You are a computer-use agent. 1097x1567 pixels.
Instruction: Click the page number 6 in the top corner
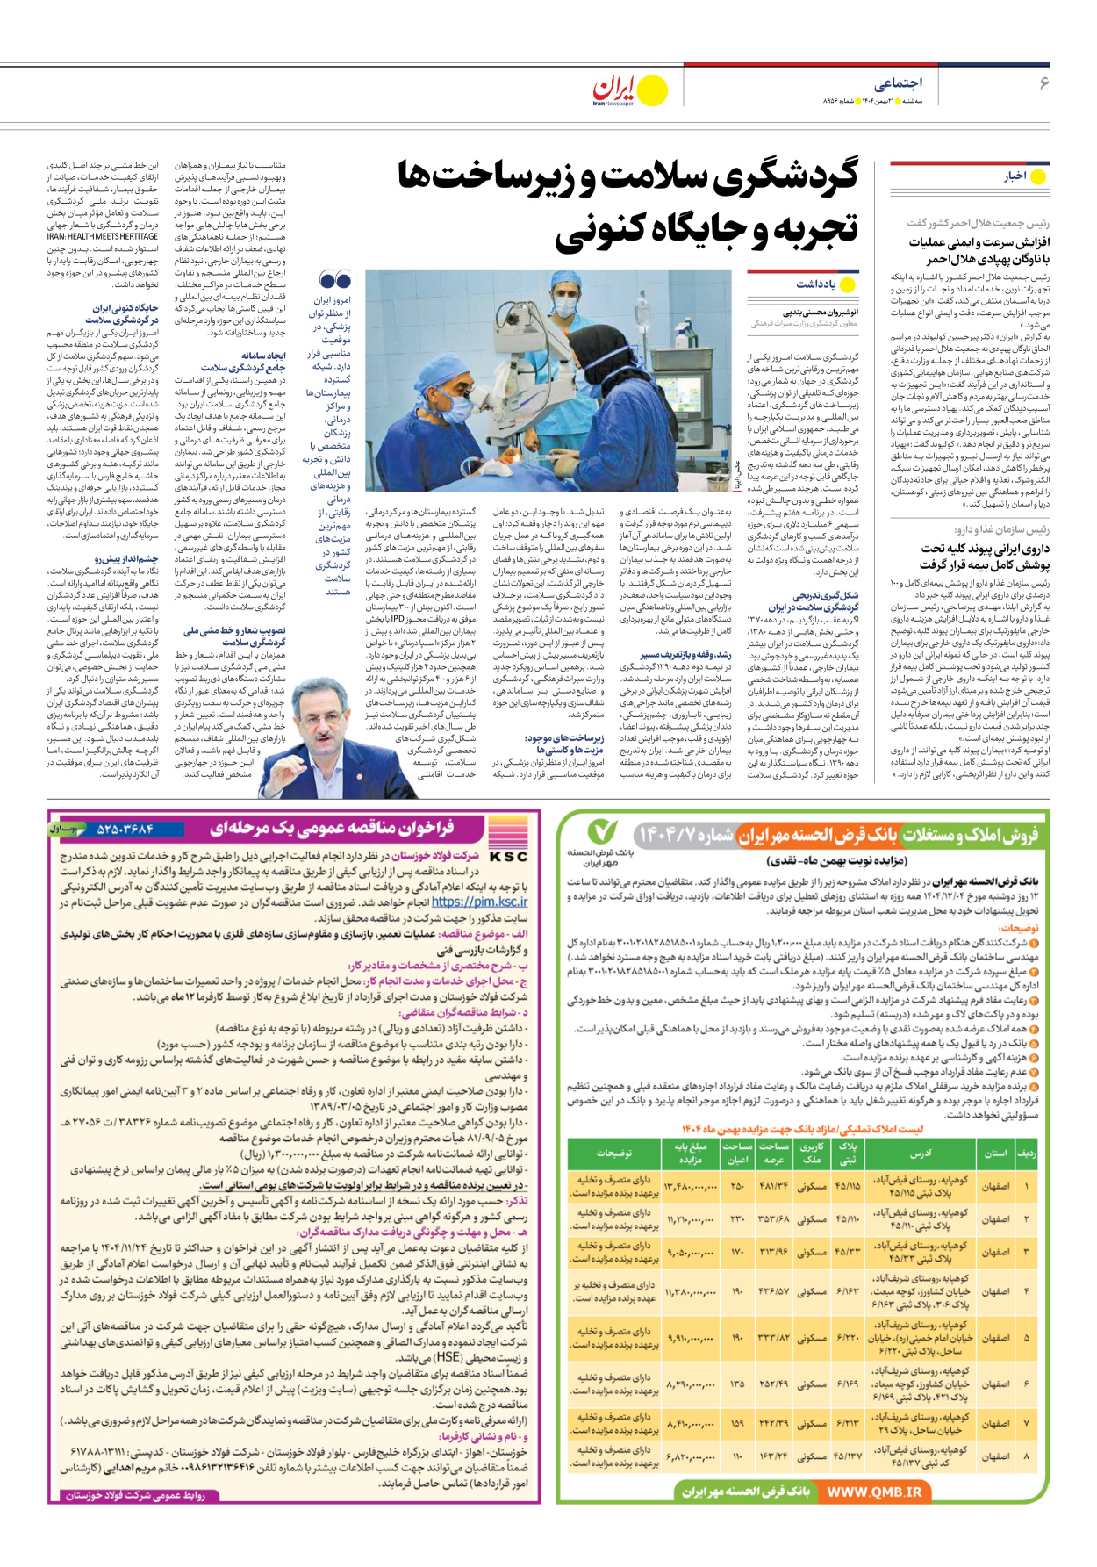1044,83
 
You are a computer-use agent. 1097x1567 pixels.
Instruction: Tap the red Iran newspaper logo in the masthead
614,89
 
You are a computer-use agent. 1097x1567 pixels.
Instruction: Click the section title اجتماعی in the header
897,83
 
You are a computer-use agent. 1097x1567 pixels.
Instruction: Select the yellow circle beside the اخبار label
1038,176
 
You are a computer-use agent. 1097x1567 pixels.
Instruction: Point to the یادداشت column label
815,284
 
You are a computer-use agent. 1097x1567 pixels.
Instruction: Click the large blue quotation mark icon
335,280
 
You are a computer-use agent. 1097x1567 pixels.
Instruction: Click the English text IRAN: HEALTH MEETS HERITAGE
103,237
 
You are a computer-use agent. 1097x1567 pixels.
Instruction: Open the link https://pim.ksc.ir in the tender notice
479,902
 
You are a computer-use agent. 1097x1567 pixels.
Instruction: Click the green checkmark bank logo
602,830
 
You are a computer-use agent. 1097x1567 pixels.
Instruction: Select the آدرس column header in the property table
921,1153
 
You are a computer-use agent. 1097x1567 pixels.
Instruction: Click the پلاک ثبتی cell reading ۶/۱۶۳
847,1291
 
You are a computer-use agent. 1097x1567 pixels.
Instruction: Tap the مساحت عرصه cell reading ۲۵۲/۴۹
773,1384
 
